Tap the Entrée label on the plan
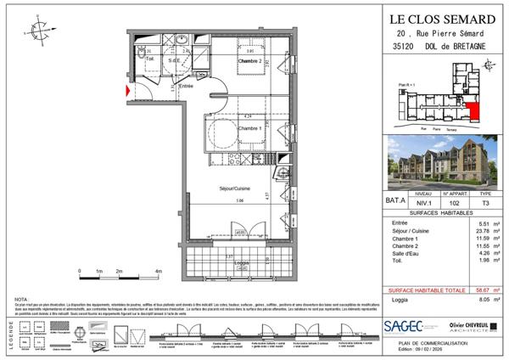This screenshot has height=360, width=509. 187,86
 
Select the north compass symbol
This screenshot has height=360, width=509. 39,35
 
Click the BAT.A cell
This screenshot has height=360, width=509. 395,200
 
